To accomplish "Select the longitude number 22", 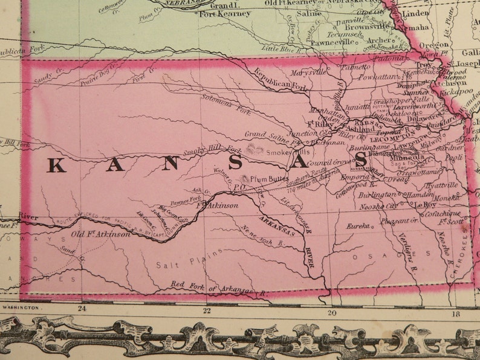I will click(206, 310).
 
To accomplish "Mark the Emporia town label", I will click(351, 178).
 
